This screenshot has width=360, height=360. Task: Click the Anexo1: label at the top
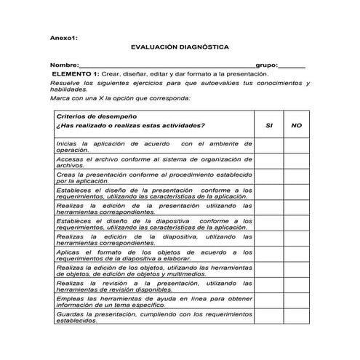63,35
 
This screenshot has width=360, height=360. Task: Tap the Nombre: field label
64,66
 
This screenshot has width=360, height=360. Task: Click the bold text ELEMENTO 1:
77,74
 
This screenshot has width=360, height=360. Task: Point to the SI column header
269,125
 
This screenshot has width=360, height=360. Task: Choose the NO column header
296,125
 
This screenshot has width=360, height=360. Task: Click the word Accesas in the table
68,159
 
